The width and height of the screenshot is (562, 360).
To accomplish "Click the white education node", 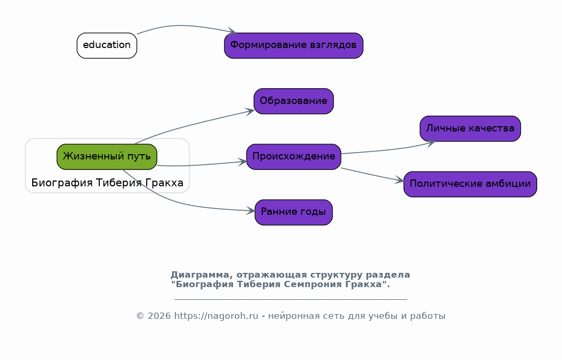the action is tap(107, 45).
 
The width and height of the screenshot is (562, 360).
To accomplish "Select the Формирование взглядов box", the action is tap(293, 45).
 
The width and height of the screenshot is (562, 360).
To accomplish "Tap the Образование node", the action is tap(293, 101).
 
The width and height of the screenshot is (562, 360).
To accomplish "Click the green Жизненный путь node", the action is tap(107, 157).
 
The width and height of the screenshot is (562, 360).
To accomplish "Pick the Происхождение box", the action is tap(293, 157).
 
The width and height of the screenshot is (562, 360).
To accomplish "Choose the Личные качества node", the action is tap(470, 128).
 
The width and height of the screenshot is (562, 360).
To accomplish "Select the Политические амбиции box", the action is tap(470, 184).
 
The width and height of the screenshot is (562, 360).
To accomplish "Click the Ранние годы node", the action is tap(293, 212).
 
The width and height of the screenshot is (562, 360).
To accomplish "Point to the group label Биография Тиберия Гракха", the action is tap(107, 183).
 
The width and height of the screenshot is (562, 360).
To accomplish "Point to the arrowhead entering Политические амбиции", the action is tap(399, 180).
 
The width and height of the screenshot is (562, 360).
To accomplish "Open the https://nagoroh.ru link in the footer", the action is tap(216, 316).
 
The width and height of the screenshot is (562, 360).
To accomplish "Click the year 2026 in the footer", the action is tap(159, 316).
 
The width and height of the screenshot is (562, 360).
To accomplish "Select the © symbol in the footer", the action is tap(140, 316).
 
